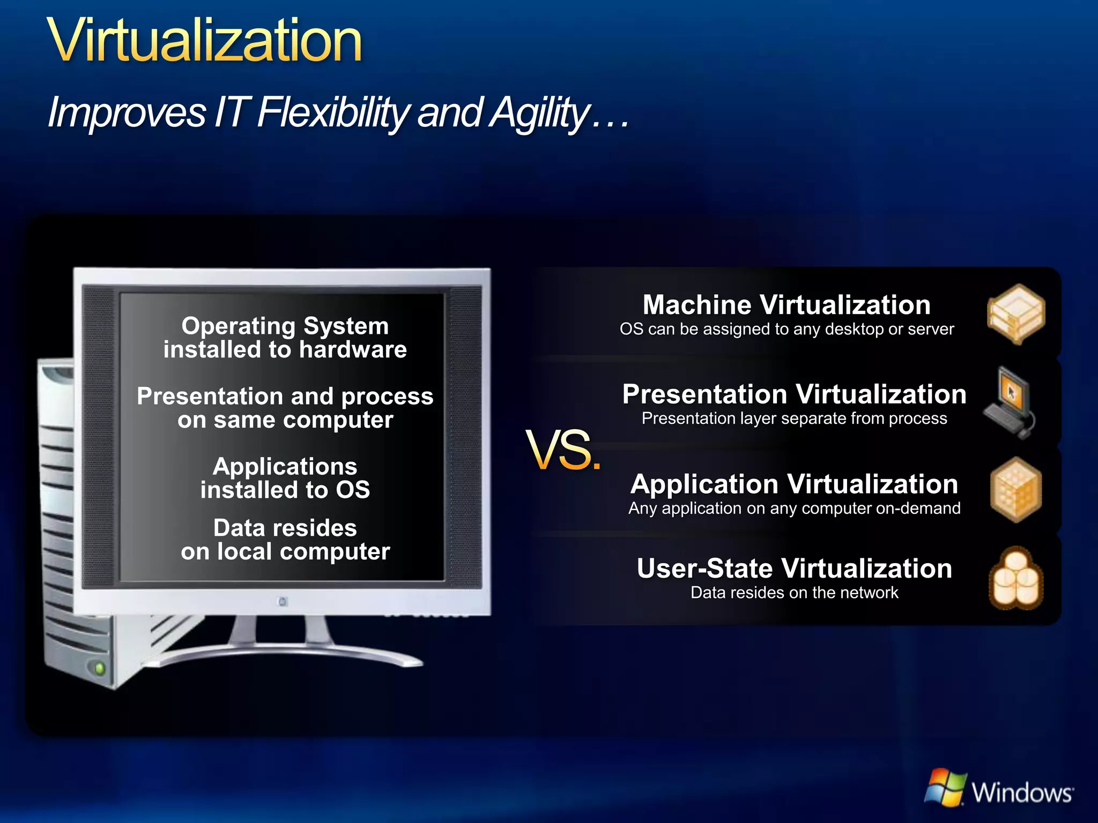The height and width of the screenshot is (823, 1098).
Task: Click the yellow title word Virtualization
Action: coord(205,41)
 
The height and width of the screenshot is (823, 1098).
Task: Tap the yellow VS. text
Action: coord(563,451)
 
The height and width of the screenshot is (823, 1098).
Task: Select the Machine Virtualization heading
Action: coord(787,305)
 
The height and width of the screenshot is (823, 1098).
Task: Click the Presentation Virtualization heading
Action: coord(794,394)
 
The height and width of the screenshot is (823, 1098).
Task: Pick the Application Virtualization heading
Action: coord(794,484)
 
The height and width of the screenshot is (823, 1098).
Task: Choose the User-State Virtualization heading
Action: coord(794,568)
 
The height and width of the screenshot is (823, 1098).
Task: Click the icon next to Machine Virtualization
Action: coord(1015,314)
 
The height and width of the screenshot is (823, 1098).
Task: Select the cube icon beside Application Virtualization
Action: coord(1016,490)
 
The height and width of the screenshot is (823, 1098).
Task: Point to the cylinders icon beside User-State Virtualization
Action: coord(1016,578)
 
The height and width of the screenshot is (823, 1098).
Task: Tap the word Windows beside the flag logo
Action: coord(1022,792)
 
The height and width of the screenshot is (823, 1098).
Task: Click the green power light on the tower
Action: coord(99,668)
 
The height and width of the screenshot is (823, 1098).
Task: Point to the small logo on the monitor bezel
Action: coord(283,602)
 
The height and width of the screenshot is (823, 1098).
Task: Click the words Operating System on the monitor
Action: coord(285,326)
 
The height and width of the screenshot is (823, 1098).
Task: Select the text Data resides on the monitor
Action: coord(285,528)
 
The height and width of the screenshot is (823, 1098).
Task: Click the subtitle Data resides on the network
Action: coord(794,593)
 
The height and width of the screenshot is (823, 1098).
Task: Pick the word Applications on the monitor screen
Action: coord(285,466)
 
